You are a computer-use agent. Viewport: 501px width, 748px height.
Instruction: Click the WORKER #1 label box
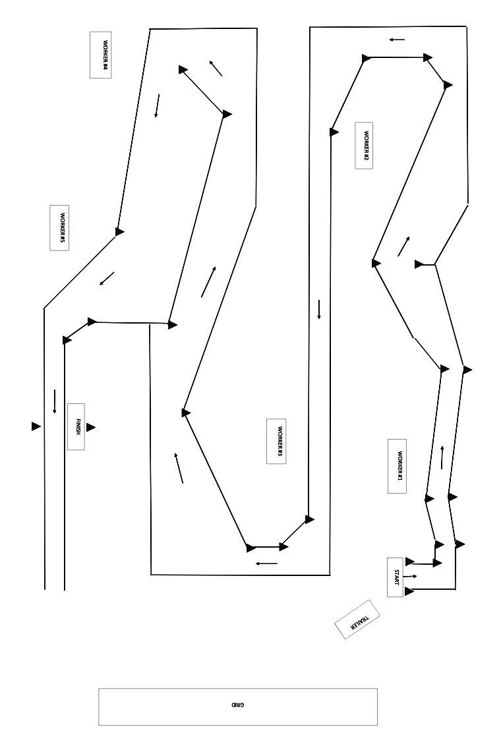coord(397,466)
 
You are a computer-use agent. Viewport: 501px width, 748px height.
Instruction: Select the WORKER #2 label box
coord(364,145)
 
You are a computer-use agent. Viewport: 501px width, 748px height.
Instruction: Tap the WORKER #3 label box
coord(276,441)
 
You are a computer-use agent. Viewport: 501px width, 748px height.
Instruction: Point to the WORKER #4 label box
coord(101,55)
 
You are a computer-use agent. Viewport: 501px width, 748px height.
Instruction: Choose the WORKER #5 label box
coord(59,227)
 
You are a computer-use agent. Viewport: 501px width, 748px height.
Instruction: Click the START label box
coord(395,577)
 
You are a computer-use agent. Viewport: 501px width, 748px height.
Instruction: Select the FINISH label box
coord(76,426)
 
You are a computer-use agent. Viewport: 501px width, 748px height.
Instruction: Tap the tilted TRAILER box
coord(357,619)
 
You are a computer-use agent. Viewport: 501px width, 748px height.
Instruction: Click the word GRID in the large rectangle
coord(238,705)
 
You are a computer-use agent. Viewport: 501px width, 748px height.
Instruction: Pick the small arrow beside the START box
coord(411,577)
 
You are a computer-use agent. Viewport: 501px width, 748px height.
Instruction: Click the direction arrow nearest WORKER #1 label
coord(442,457)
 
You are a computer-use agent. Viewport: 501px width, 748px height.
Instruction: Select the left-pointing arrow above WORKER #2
coord(397,40)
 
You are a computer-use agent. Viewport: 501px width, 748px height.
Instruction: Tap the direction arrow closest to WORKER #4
coord(157,105)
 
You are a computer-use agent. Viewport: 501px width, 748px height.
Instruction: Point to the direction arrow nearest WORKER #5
coord(107,279)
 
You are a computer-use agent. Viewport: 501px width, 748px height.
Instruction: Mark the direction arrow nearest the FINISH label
coord(55,401)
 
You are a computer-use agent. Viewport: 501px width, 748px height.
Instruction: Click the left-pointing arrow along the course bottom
coord(267,563)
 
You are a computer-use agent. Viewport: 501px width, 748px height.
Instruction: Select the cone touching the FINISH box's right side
coord(90,427)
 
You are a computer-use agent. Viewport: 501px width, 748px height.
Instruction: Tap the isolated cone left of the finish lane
coord(36,426)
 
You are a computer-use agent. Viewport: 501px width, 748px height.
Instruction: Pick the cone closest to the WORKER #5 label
coord(119,231)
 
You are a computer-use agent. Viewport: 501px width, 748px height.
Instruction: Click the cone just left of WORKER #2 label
coord(334,132)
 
